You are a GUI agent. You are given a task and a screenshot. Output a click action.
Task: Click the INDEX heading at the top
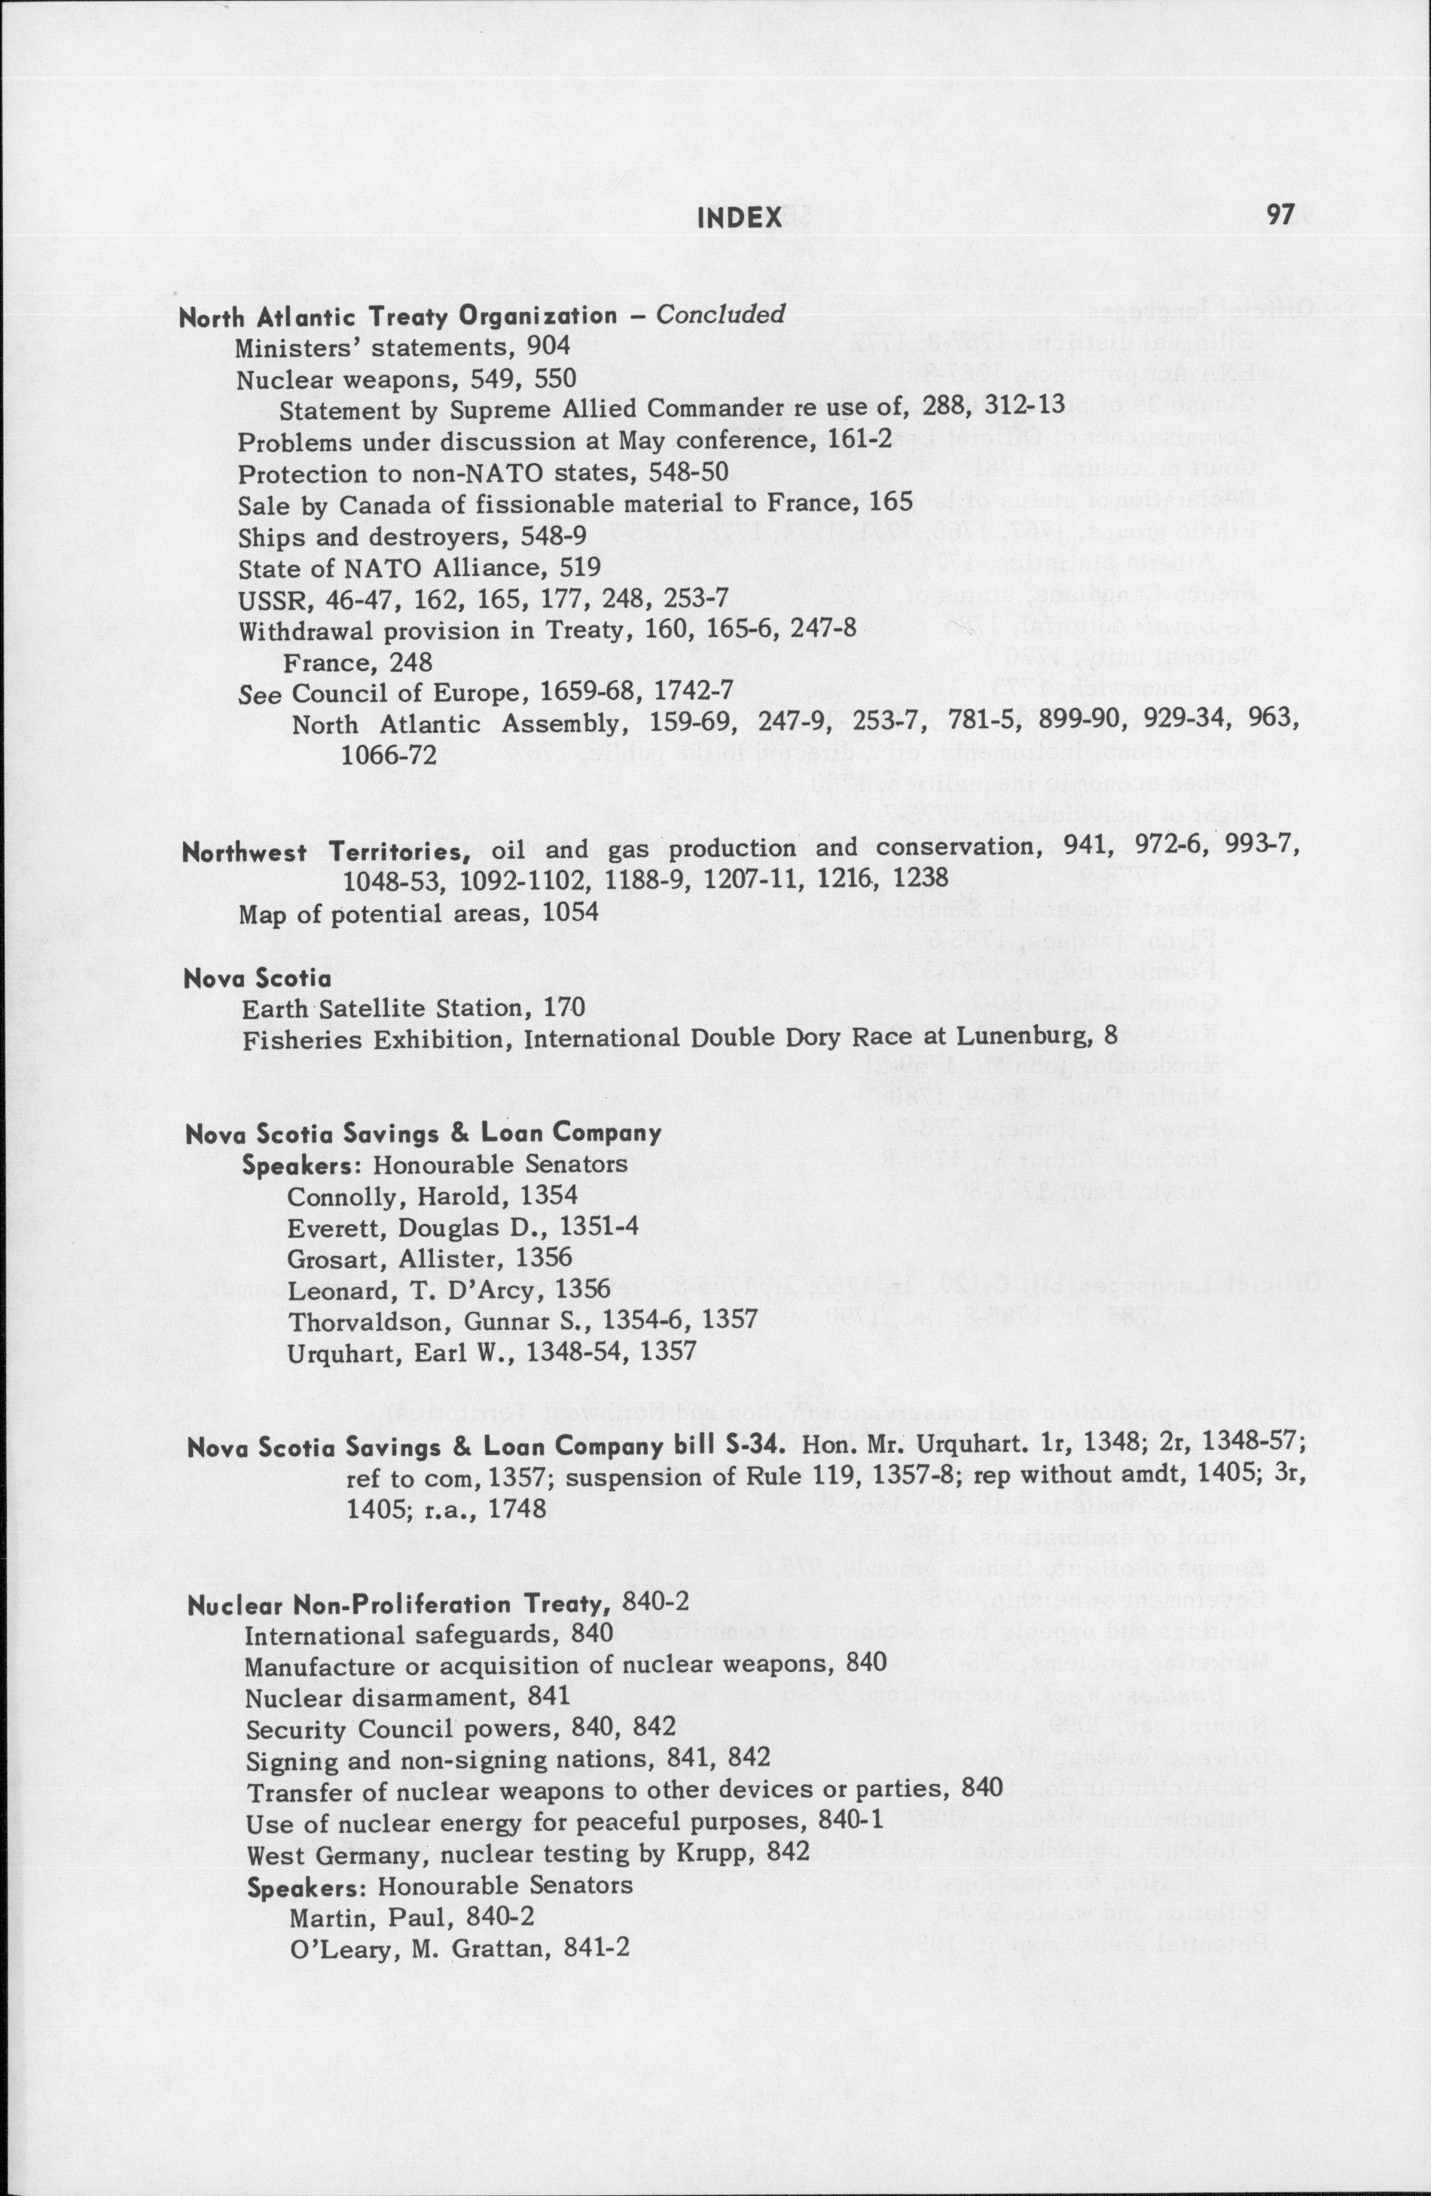click(x=740, y=218)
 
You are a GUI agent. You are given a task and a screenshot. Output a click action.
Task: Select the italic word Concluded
click(x=720, y=315)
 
